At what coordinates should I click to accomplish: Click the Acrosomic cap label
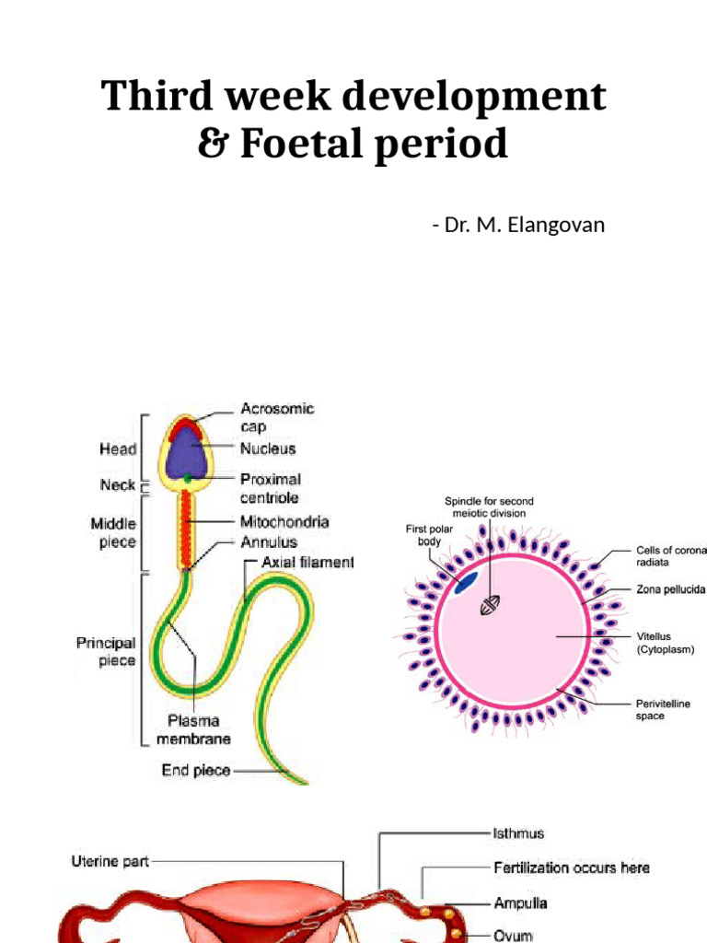(277, 417)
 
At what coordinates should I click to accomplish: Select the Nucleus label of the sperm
(268, 448)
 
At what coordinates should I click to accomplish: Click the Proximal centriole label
(271, 488)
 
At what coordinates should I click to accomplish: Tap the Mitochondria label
(284, 522)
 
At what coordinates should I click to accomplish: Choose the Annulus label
(270, 542)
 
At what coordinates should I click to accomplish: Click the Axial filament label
(307, 562)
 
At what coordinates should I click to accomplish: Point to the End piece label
(196, 771)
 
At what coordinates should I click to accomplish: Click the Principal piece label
(106, 652)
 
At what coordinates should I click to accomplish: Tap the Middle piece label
(113, 532)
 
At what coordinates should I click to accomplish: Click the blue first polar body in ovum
(467, 582)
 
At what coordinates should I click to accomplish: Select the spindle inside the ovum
(492, 605)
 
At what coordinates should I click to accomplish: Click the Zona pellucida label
(670, 589)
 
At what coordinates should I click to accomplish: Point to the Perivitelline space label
(663, 709)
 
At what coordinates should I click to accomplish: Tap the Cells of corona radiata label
(671, 554)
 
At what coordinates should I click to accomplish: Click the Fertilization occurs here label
(570, 867)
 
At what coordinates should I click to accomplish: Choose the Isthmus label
(517, 833)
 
